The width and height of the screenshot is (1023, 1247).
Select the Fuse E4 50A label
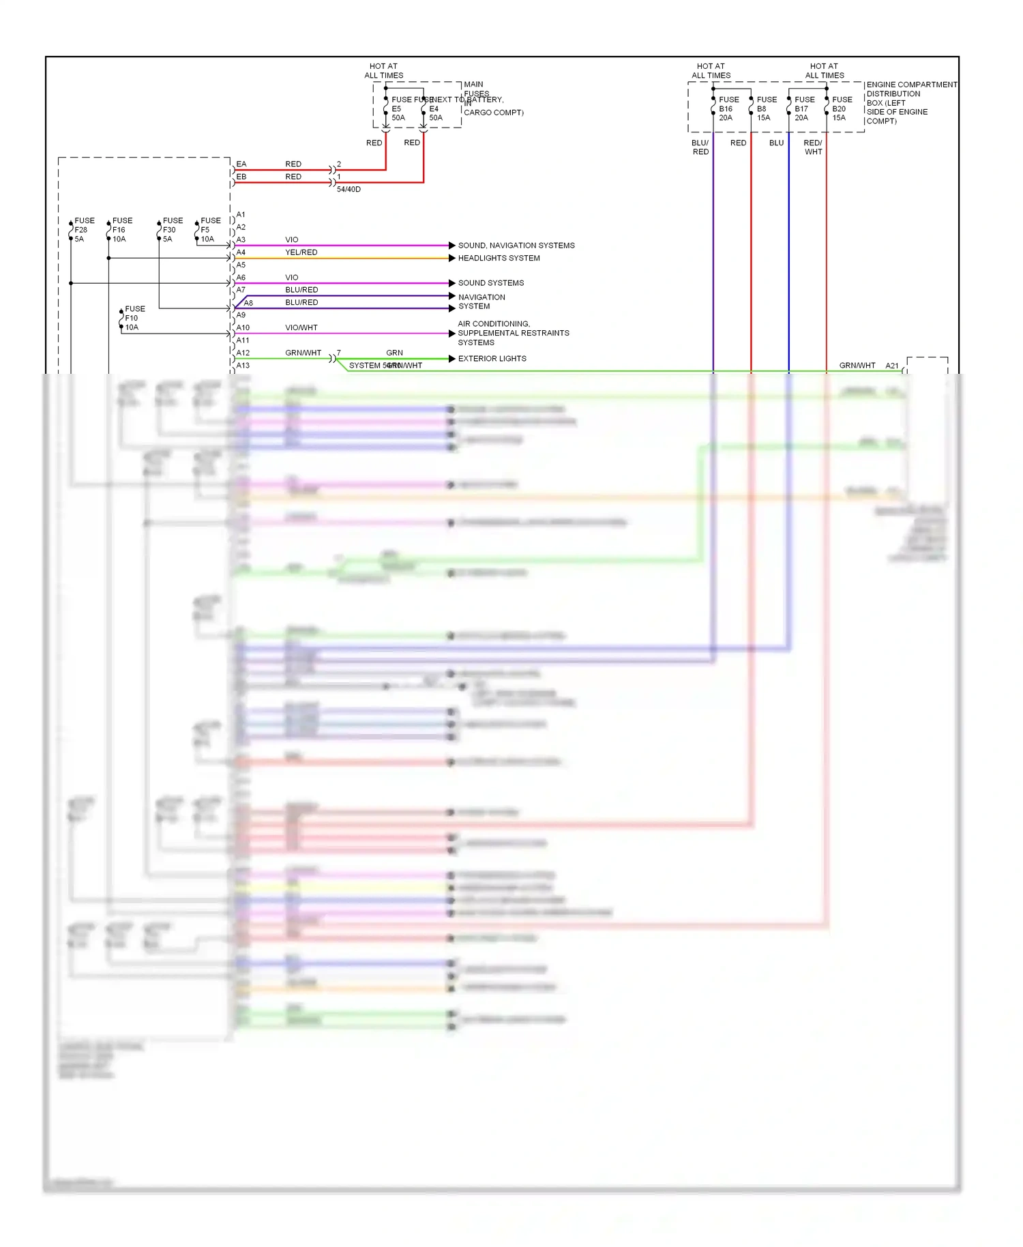pos(435,108)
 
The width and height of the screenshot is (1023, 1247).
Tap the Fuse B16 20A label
pos(728,108)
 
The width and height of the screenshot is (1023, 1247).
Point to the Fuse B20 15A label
pos(842,108)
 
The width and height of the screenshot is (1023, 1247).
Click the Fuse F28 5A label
pos(83,230)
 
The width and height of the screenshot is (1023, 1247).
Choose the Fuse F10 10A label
pos(134,318)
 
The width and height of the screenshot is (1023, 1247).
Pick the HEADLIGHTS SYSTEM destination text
pos(499,258)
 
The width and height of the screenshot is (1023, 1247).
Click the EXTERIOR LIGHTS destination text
pos(492,358)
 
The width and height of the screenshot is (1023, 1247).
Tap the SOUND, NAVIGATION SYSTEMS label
pos(516,246)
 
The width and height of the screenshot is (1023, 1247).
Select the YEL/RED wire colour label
pos(301,252)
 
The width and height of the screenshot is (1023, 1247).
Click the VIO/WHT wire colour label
pos(301,327)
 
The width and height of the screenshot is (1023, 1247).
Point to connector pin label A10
pos(243,327)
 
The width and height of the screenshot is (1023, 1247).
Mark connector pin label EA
pos(241,164)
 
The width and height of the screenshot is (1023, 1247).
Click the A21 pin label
pos(891,366)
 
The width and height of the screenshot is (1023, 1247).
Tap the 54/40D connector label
pos(349,189)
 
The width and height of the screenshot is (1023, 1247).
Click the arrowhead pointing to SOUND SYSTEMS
pos(452,283)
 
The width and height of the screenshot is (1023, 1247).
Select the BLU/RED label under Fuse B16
pos(700,147)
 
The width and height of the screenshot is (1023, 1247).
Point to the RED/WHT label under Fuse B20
pos(813,147)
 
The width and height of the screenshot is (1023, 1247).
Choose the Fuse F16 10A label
pos(121,230)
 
